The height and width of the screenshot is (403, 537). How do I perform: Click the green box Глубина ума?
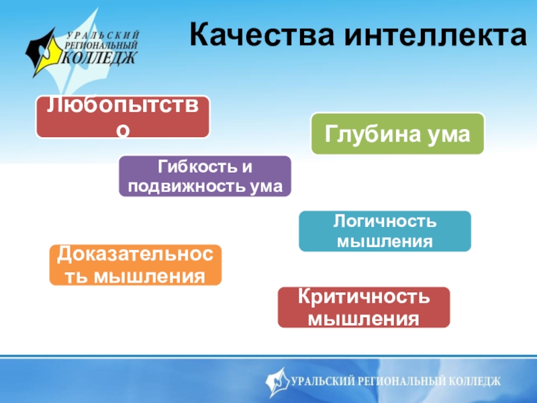click(x=397, y=134)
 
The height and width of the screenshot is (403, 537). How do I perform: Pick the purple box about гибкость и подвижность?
click(x=205, y=176)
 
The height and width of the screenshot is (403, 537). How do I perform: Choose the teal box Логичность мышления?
click(x=385, y=231)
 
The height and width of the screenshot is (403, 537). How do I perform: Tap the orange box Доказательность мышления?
click(x=136, y=265)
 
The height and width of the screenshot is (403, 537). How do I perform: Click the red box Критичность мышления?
click(x=364, y=307)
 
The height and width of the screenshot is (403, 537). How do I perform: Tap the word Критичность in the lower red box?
click(x=364, y=297)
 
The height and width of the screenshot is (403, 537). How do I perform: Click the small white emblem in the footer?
click(x=278, y=382)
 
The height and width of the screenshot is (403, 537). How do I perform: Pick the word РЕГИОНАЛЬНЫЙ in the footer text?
click(x=398, y=382)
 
